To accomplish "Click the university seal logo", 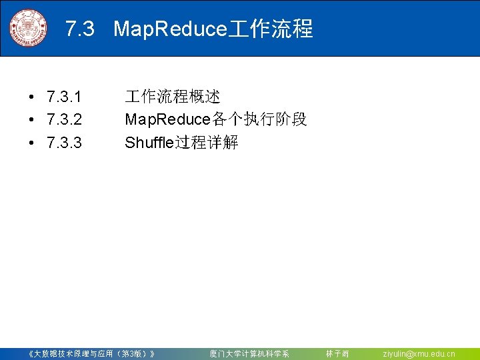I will tap(29, 29).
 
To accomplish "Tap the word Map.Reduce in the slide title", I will tap(171, 29).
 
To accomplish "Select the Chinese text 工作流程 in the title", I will tap(271, 29).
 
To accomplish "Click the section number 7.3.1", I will tap(65, 98).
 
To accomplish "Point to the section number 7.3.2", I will tap(65, 120).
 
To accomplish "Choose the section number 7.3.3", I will tap(65, 143).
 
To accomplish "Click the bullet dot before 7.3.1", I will tap(32, 99).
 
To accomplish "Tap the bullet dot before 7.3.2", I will tap(32, 121).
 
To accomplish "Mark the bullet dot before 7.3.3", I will tap(32, 143).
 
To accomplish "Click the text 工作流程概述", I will tap(173, 97).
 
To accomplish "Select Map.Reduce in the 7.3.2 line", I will tap(167, 120).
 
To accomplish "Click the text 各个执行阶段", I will tap(259, 120).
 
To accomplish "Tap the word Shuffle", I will tap(149, 143).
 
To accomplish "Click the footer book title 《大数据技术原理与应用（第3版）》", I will tap(93, 353).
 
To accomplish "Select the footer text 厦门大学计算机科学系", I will tap(249, 353).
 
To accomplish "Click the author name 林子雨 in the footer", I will tap(337, 353).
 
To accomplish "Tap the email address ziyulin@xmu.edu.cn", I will tap(419, 353).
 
